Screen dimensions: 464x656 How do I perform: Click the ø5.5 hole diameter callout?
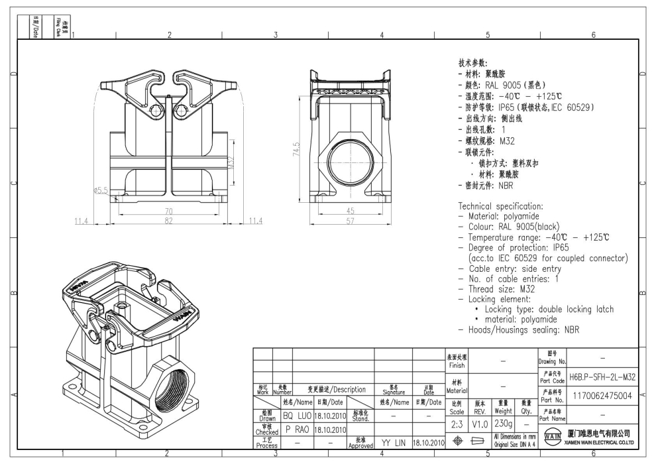tap(101, 190)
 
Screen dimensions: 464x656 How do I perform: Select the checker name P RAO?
tap(298, 430)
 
